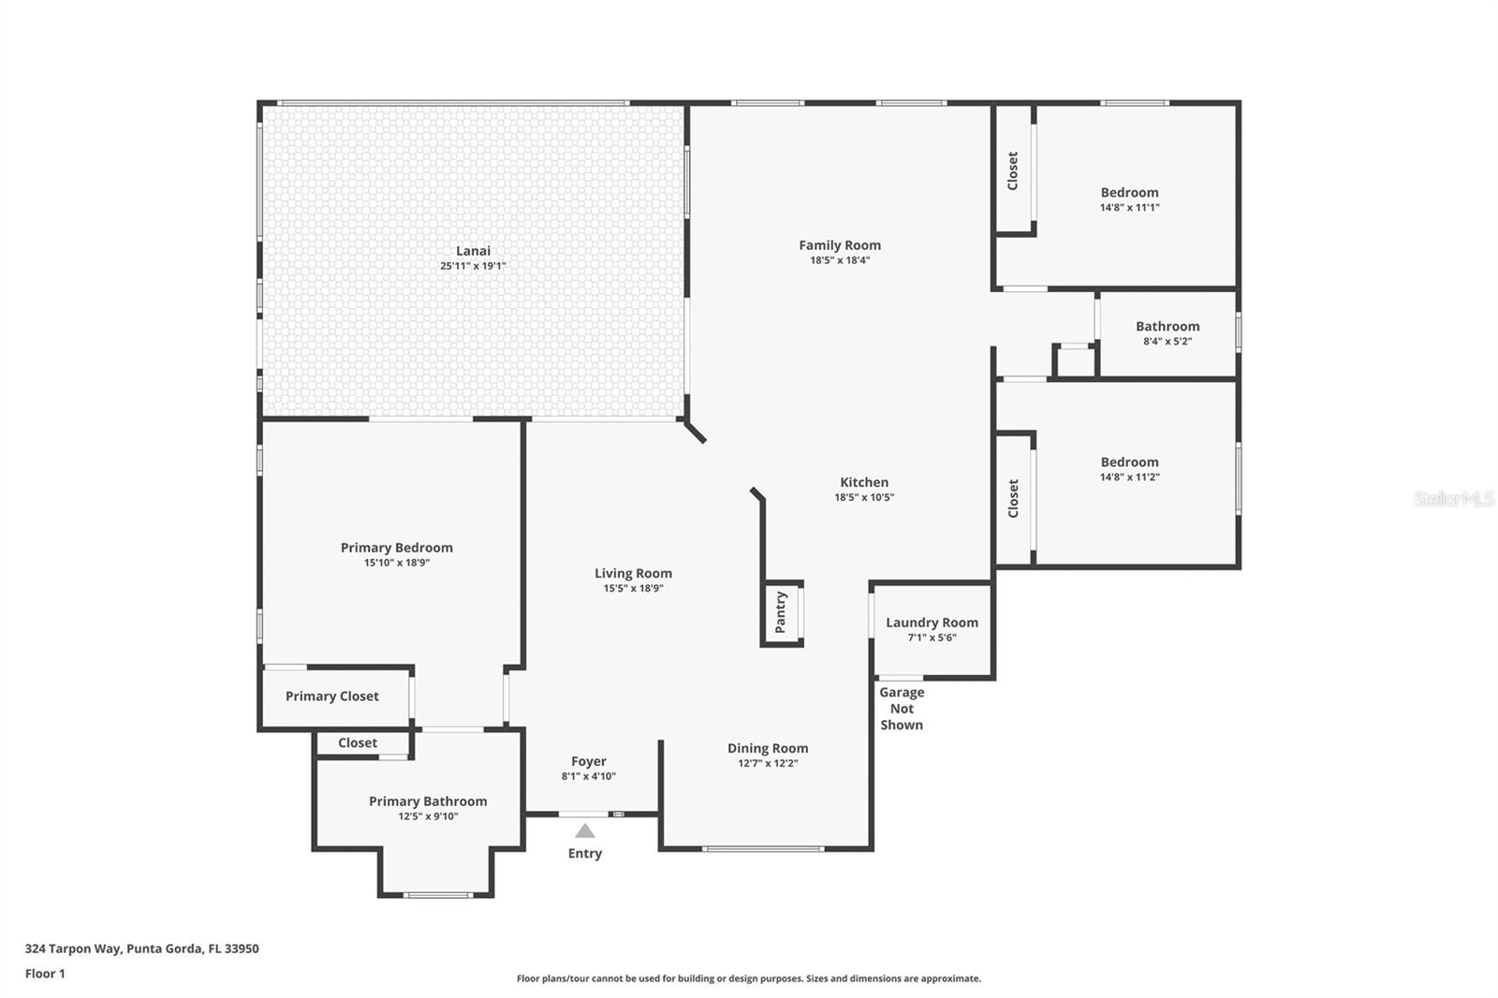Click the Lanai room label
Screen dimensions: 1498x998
[x=473, y=251]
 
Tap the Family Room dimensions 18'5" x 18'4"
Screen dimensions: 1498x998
[x=840, y=260]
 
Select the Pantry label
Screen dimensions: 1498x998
[x=781, y=612]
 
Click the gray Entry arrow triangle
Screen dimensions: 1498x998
[x=585, y=830]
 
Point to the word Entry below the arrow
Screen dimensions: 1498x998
[x=585, y=854]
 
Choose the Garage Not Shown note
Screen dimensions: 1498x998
[x=902, y=709]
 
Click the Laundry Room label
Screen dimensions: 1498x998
[x=933, y=623]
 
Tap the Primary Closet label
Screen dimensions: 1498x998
[x=332, y=697]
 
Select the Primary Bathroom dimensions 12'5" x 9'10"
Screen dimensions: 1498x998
[x=428, y=816]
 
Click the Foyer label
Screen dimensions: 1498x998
[x=589, y=761]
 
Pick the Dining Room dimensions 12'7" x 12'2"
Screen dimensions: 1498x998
[x=768, y=763]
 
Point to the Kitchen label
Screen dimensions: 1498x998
[x=864, y=482]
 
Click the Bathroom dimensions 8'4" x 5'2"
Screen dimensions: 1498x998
[x=1168, y=341]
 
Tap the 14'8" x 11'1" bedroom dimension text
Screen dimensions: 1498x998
[x=1129, y=207]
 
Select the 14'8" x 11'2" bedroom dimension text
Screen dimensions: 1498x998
[x=1129, y=477]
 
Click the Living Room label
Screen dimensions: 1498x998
[x=633, y=573]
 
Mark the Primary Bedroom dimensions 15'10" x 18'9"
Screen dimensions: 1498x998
[x=397, y=563]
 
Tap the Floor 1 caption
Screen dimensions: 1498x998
[x=45, y=974]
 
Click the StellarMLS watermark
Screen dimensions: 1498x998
[x=1454, y=499]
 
